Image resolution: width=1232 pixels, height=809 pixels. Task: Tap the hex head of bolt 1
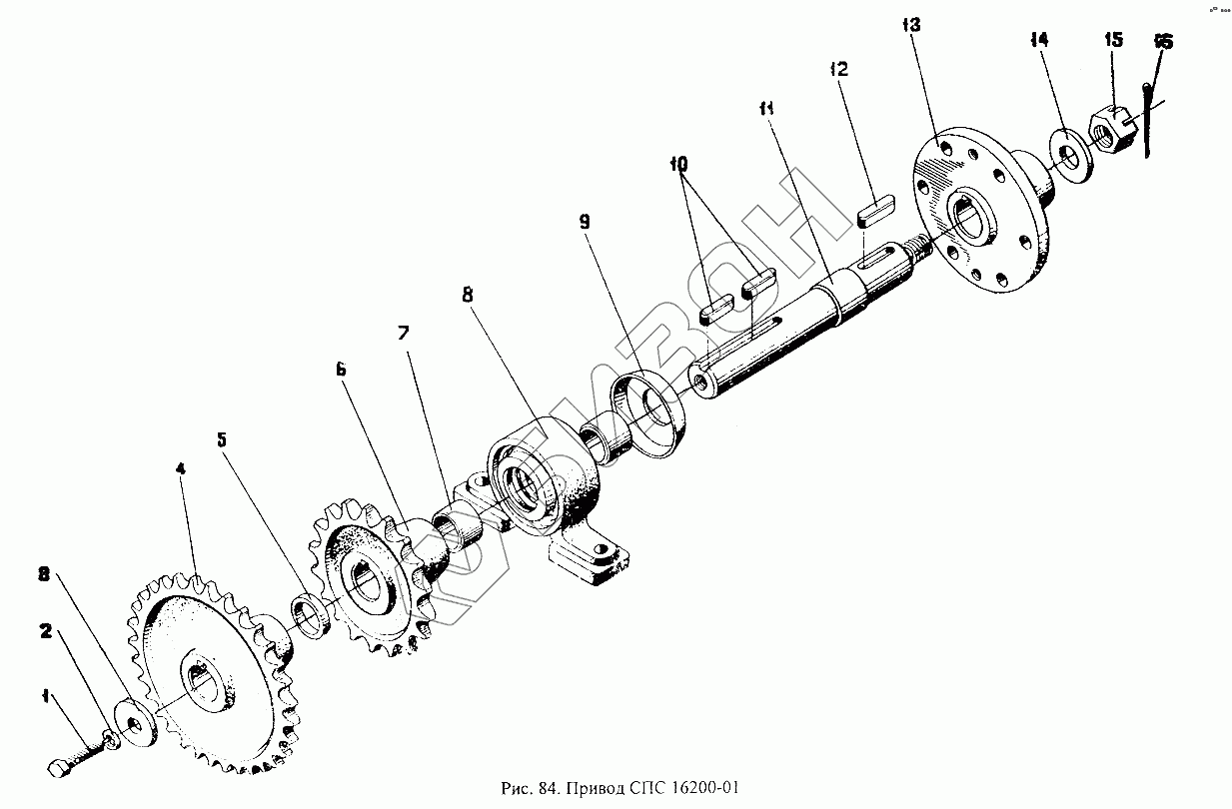[58, 769]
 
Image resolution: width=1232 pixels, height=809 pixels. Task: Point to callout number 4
[181, 468]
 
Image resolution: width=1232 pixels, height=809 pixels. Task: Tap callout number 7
[404, 333]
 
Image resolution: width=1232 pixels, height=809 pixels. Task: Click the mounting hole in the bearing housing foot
[602, 548]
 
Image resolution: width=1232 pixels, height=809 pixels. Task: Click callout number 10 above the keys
[679, 164]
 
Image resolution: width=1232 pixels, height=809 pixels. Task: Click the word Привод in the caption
[594, 789]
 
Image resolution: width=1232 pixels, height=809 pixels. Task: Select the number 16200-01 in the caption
[703, 789]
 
